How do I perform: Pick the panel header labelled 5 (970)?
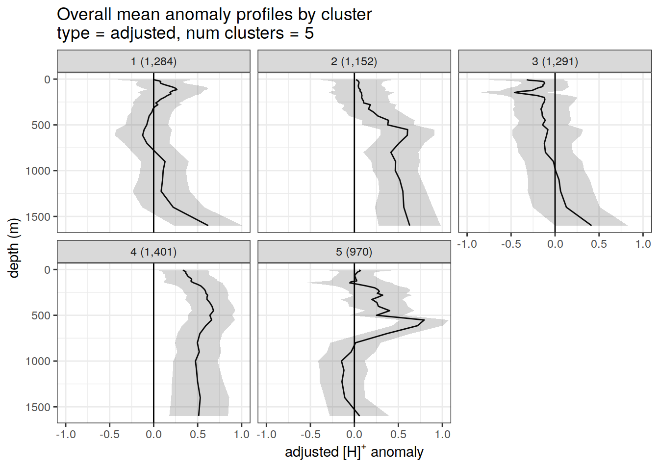[x=354, y=252]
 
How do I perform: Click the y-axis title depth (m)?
[x=14, y=248]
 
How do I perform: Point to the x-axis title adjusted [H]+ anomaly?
[x=354, y=452]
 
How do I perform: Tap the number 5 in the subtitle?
[x=309, y=33]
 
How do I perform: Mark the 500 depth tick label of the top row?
[x=41, y=125]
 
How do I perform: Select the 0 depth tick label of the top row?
[x=47, y=79]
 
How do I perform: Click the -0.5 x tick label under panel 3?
[x=511, y=244]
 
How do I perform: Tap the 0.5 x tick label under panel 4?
[x=198, y=434]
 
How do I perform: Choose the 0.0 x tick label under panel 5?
[x=354, y=434]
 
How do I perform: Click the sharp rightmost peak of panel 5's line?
[x=424, y=320]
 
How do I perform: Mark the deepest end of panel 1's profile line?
[x=208, y=225]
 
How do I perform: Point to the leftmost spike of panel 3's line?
[x=514, y=92]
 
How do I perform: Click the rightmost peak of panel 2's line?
[x=407, y=130]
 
